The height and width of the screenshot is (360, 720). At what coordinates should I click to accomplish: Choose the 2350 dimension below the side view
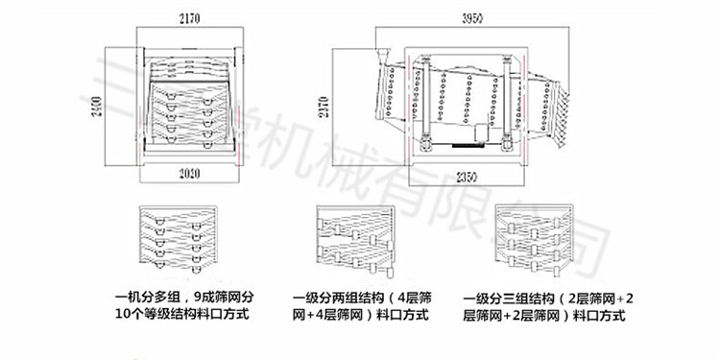click(x=467, y=176)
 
